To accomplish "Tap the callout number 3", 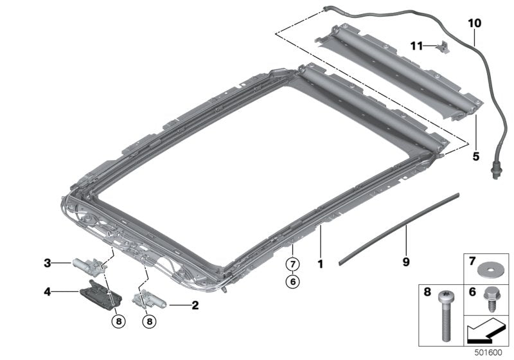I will tap(48, 262).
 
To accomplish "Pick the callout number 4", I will tap(48, 292).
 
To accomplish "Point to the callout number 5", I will tap(477, 155).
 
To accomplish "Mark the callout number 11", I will tap(417, 46).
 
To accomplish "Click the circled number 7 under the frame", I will tap(292, 264).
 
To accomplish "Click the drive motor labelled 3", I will tap(85, 264).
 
